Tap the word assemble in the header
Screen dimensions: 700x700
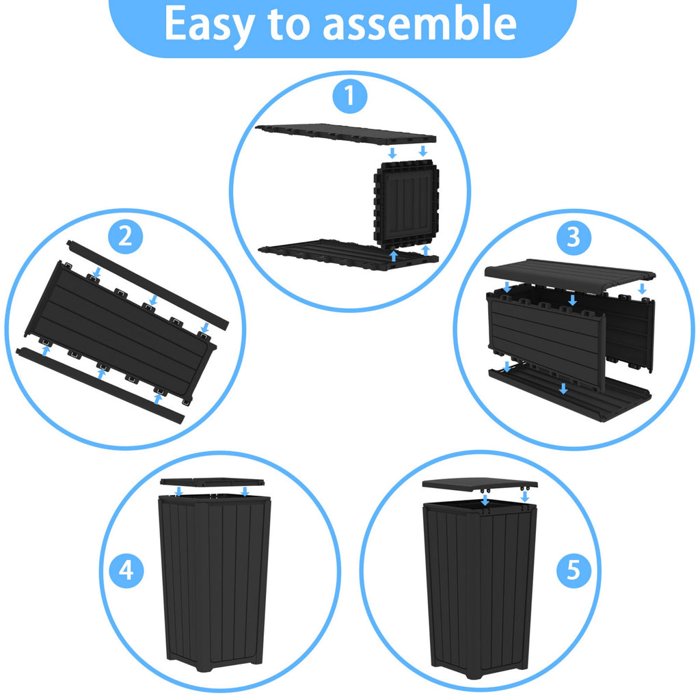click(419, 23)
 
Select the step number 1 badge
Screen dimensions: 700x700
click(350, 96)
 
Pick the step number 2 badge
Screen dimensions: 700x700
click(126, 237)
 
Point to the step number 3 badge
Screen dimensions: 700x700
click(574, 237)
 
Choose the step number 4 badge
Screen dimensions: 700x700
click(126, 571)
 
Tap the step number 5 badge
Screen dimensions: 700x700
click(574, 571)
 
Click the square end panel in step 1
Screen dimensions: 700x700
click(406, 203)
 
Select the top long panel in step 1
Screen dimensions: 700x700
click(345, 134)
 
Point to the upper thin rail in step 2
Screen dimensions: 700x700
click(148, 285)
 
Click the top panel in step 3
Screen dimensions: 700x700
click(569, 275)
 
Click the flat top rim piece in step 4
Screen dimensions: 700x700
click(212, 482)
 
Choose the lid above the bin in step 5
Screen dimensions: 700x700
click(480, 484)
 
